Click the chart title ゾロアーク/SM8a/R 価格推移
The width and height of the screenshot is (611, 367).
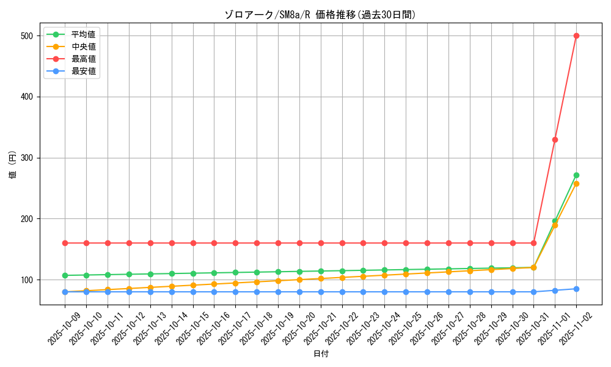[x=320, y=15]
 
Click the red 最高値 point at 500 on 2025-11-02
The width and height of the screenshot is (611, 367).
[x=576, y=35]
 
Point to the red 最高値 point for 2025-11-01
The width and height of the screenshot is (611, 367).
[x=555, y=139]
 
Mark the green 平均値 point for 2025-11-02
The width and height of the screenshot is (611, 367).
[x=576, y=175]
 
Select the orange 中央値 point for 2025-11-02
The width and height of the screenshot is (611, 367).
[x=576, y=183]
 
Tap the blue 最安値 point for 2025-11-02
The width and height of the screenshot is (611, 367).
[x=576, y=289]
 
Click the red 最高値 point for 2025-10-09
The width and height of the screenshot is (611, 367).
[x=65, y=243]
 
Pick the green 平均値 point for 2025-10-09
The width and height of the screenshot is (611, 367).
[x=65, y=275]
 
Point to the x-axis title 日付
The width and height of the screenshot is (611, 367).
[x=320, y=354]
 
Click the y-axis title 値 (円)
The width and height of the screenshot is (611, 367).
[x=13, y=166]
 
